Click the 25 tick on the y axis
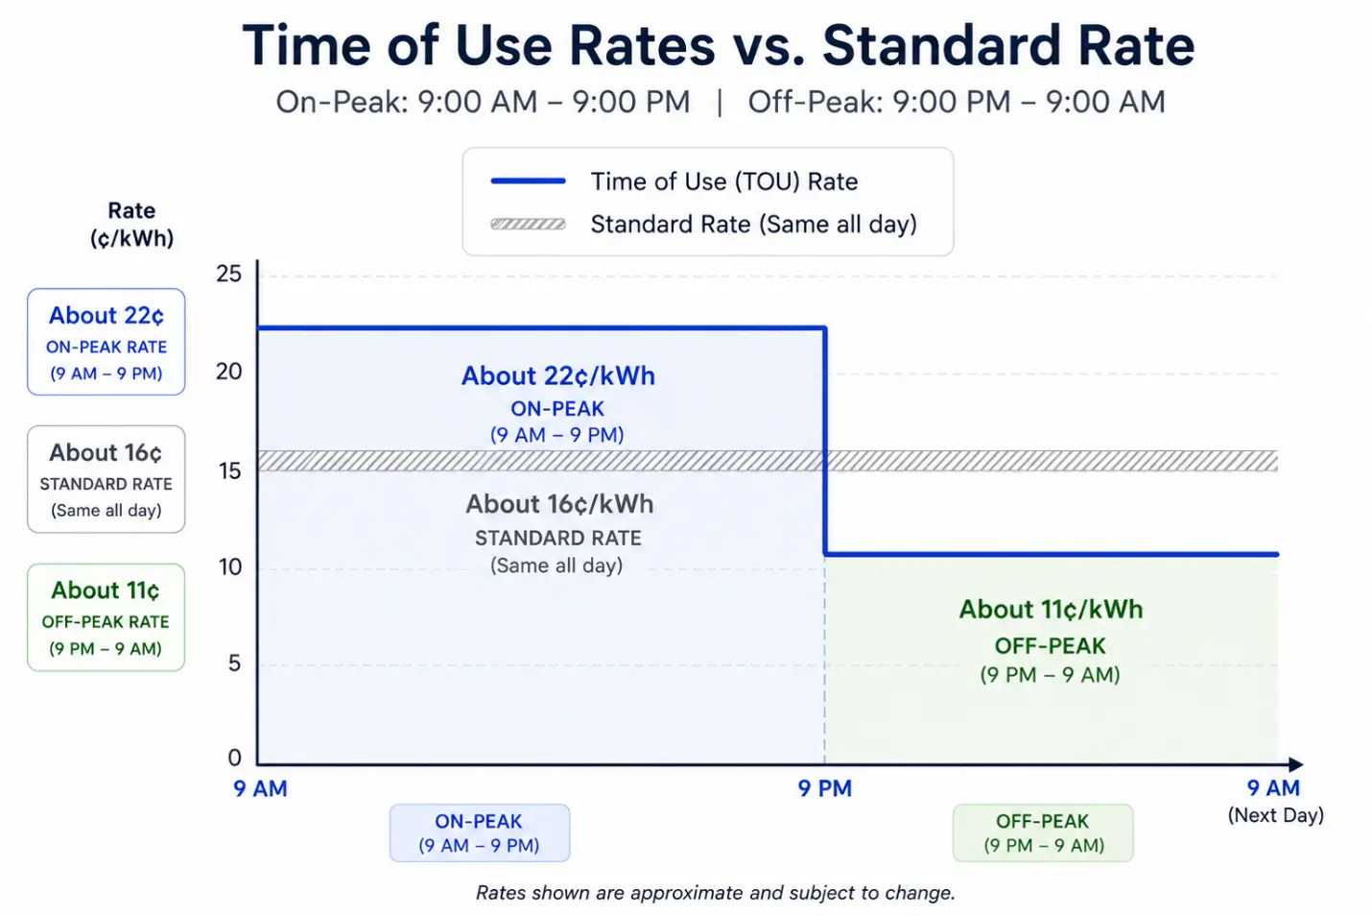pyautogui.click(x=229, y=274)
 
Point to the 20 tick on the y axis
pyautogui.click(x=229, y=372)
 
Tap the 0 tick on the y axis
pyautogui.click(x=235, y=758)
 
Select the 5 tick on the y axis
pyautogui.click(x=235, y=663)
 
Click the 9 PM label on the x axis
pyautogui.click(x=825, y=788)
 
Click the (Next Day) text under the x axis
pyautogui.click(x=1276, y=815)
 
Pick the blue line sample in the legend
pyautogui.click(x=528, y=181)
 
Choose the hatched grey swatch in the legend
pyautogui.click(x=528, y=224)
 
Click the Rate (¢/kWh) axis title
pyautogui.click(x=131, y=225)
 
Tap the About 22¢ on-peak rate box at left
pyautogui.click(x=106, y=342)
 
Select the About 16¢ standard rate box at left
pyautogui.click(x=106, y=479)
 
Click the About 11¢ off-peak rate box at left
pyautogui.click(x=106, y=617)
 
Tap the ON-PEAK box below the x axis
pyautogui.click(x=480, y=832)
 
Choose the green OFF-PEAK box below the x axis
pyautogui.click(x=1043, y=832)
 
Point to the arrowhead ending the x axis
pyautogui.click(x=1296, y=764)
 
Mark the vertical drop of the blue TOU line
pyautogui.click(x=825, y=442)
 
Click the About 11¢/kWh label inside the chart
pyautogui.click(x=1051, y=610)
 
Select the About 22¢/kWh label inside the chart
pyautogui.click(x=558, y=375)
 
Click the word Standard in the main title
pyautogui.click(x=941, y=45)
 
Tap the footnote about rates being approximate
pyautogui.click(x=716, y=893)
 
